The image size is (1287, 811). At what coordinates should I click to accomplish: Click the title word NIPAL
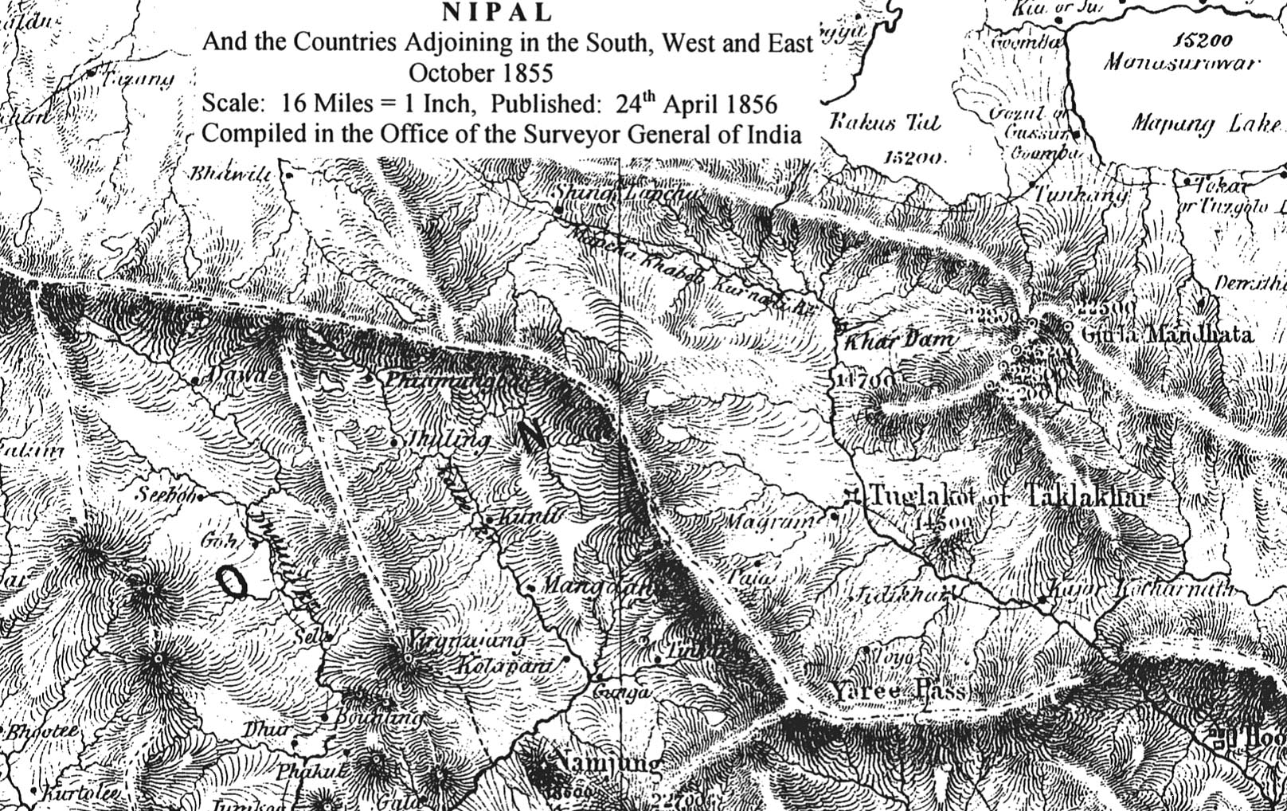tap(496, 13)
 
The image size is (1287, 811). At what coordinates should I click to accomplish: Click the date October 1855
tap(480, 72)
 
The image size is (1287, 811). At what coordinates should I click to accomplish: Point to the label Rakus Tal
tap(885, 123)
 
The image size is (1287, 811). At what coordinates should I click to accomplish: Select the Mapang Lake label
tap(1205, 123)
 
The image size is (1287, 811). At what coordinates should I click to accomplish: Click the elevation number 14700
tap(864, 380)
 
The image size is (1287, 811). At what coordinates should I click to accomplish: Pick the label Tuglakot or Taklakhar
tap(1007, 496)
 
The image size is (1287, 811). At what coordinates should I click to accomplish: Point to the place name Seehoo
tap(165, 495)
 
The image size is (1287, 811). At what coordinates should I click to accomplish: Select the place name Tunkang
tap(1081, 194)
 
